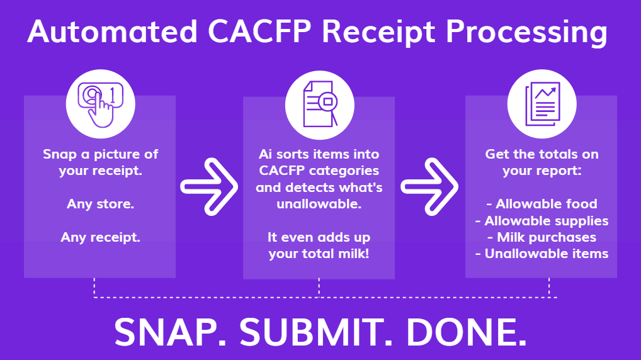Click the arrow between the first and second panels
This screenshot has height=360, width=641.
point(208,186)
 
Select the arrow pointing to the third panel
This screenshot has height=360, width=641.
point(430,186)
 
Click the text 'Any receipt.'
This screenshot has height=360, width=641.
point(100,237)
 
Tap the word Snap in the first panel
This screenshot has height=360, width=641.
point(58,154)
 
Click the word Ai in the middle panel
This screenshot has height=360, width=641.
point(266,154)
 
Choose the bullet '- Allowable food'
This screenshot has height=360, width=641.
point(541,204)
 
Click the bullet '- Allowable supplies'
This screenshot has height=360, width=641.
point(541,221)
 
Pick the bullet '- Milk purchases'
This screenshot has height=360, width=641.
point(541,237)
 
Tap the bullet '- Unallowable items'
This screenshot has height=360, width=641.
point(541,254)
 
